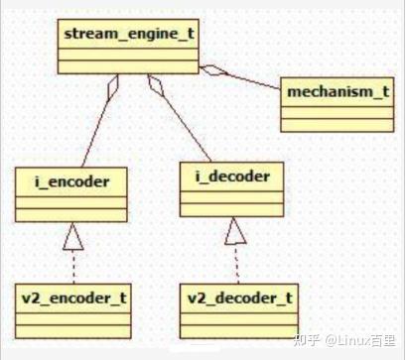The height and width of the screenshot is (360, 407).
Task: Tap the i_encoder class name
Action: coord(70,181)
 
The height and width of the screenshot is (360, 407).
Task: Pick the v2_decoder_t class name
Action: coord(240,297)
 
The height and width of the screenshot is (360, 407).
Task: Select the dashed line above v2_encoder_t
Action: coord(73,265)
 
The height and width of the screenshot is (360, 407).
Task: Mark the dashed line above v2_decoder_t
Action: coord(236,263)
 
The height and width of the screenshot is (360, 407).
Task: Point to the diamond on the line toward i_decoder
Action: coord(157,87)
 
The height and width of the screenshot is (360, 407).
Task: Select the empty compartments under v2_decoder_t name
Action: coord(240,320)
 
